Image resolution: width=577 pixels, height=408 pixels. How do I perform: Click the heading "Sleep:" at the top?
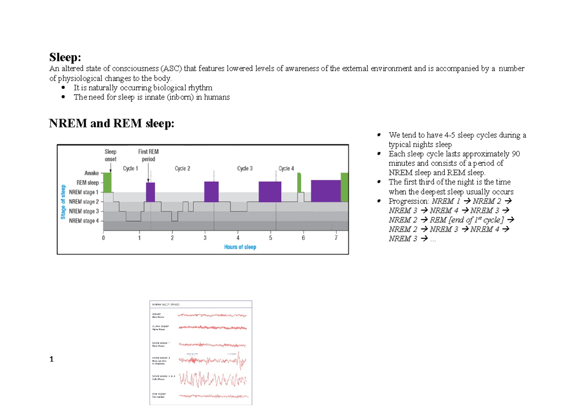click(x=65, y=58)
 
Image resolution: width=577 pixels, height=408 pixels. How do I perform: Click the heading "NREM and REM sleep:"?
click(x=112, y=124)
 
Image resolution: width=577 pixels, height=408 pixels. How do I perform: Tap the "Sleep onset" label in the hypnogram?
click(x=111, y=155)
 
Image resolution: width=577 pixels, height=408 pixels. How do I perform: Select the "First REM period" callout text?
click(x=148, y=155)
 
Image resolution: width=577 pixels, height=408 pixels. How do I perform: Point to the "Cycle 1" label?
click(x=130, y=169)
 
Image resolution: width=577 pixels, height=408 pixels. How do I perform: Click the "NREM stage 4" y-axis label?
click(x=84, y=221)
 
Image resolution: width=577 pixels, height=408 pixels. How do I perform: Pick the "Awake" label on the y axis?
click(x=91, y=173)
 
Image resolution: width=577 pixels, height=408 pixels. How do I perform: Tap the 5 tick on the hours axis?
click(x=271, y=238)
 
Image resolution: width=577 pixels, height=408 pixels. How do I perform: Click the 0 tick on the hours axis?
click(x=103, y=238)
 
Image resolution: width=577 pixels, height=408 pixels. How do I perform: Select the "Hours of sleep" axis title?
click(x=240, y=247)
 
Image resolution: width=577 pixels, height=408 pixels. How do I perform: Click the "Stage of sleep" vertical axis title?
click(x=63, y=202)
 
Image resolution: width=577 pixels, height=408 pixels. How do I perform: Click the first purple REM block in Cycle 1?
click(x=151, y=192)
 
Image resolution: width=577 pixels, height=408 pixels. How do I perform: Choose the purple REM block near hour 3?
click(x=211, y=191)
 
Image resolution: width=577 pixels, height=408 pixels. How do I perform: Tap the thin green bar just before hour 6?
click(x=299, y=183)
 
